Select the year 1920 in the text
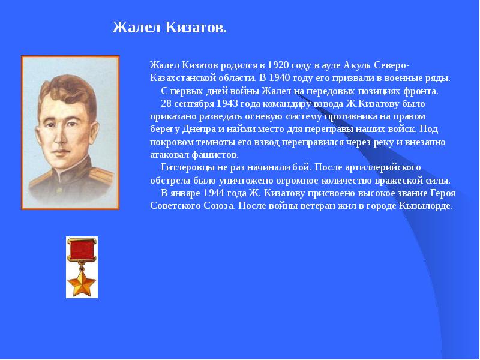click(279, 65)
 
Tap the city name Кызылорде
click(425, 205)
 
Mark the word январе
click(184, 193)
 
